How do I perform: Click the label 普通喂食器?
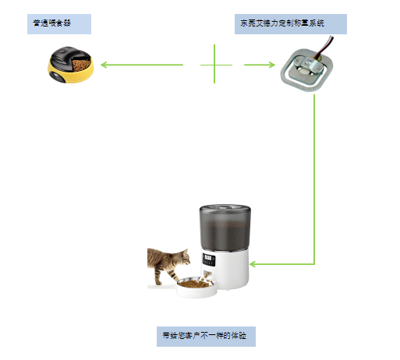[58, 23]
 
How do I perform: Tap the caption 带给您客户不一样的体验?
[205, 336]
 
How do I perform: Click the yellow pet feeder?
[69, 65]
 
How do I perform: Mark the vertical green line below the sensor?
[314, 179]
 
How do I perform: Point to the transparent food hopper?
[225, 231]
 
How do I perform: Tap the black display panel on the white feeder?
[208, 260]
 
